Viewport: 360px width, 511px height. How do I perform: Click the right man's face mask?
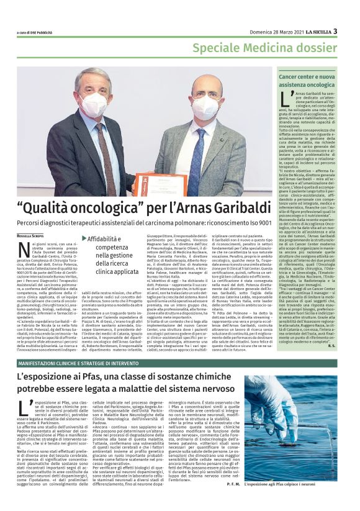207,108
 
